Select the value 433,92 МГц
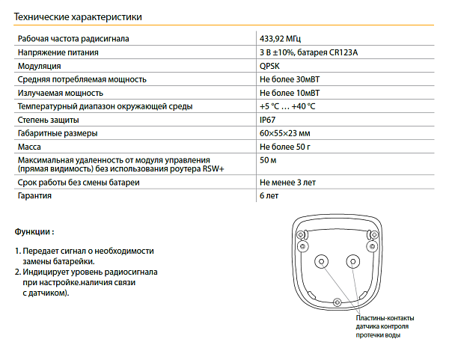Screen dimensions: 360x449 pyautogui.click(x=281, y=39)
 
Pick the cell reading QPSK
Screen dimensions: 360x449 pyautogui.click(x=270, y=66)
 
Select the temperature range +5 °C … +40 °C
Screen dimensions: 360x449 pyautogui.click(x=287, y=106)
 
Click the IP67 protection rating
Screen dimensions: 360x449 pyautogui.click(x=268, y=120)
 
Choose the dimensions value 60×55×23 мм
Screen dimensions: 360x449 pyautogui.click(x=285, y=133)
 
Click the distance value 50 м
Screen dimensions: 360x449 pyautogui.click(x=268, y=160)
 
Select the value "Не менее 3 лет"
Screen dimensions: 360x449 pyautogui.click(x=288, y=183)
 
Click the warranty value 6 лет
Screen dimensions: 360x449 pyautogui.click(x=270, y=196)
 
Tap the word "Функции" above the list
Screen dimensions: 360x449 pyautogui.click(x=32, y=232)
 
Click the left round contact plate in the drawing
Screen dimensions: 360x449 pyautogui.click(x=323, y=261)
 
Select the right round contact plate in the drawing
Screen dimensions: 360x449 pyautogui.click(x=353, y=261)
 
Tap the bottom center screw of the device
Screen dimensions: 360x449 pyautogui.click(x=337, y=302)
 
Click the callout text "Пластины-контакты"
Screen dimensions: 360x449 pyautogui.click(x=385, y=318)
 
